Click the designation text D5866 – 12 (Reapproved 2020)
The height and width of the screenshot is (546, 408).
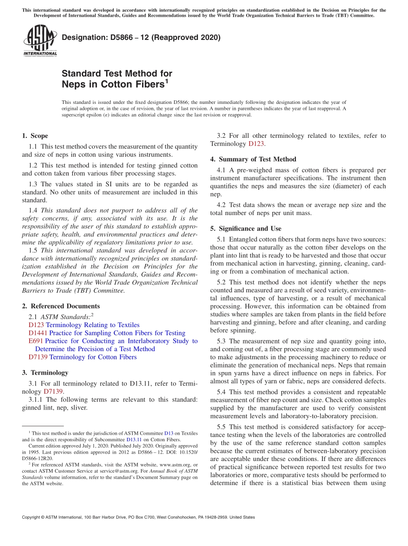(141, 38)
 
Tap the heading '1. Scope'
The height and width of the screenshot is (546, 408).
(35, 136)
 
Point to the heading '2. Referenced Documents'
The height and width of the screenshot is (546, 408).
(61, 306)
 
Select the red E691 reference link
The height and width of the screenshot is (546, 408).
(35, 341)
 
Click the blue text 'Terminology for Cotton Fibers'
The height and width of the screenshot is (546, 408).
(93, 357)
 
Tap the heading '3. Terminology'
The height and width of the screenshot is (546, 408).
(45, 373)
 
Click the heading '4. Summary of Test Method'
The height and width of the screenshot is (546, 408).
(253, 159)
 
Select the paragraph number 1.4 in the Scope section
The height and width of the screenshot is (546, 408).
(33, 210)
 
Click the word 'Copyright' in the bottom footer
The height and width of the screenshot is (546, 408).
(31, 517)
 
